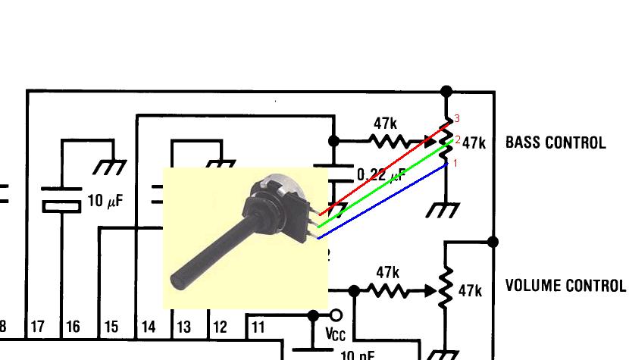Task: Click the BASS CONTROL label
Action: [x=555, y=142]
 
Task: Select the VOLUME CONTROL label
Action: [x=565, y=286]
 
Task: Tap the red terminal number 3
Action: [x=457, y=119]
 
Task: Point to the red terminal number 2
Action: [x=458, y=140]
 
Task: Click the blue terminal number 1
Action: [x=455, y=162]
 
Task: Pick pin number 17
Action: [x=37, y=327]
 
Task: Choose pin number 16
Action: [x=73, y=327]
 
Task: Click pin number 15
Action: [x=111, y=327]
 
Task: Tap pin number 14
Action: [x=149, y=327]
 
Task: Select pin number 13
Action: [x=183, y=327]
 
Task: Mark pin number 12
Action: [x=220, y=327]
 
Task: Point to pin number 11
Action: [x=258, y=327]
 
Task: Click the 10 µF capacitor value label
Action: [x=105, y=202]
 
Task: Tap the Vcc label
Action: [x=335, y=333]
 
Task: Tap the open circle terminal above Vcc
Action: [x=336, y=315]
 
